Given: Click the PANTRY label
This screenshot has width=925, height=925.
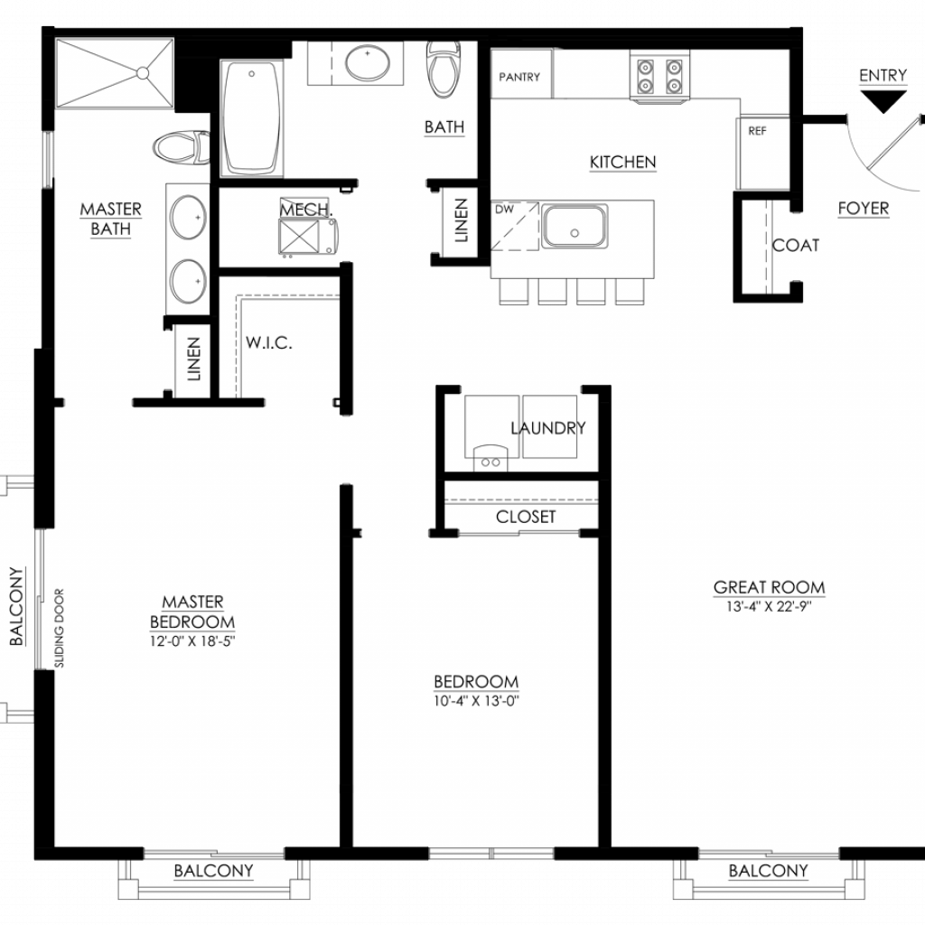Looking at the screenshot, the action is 519,77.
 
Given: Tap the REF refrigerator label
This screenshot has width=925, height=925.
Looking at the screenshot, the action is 757,131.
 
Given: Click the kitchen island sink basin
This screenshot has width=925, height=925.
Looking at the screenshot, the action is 575,226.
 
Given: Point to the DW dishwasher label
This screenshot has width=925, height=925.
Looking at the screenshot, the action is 504,209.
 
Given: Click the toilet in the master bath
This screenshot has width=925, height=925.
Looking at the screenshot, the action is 181,147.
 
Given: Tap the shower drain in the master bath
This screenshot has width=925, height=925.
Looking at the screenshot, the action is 143,73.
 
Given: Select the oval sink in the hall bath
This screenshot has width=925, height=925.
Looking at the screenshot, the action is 368,62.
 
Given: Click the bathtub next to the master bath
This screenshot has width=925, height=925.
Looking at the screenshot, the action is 251,118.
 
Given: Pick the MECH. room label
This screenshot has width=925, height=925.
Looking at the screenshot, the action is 306,210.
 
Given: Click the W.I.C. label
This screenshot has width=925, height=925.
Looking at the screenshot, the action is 269,342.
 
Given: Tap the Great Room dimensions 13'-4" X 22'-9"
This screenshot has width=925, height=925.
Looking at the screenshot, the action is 769,606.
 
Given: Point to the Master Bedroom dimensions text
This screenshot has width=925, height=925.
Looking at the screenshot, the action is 192,641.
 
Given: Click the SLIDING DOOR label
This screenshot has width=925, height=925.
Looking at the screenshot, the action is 59,629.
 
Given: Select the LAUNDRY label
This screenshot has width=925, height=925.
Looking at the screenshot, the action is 548,427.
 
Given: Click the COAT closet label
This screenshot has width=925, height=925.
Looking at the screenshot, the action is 796,246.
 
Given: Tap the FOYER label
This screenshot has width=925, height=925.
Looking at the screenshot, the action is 863,209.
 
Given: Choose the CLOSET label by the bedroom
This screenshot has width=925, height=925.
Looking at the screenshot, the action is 526,517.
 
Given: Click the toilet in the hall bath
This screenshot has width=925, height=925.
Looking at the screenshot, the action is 444,70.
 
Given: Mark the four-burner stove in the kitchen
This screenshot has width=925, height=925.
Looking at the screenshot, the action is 659,77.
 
